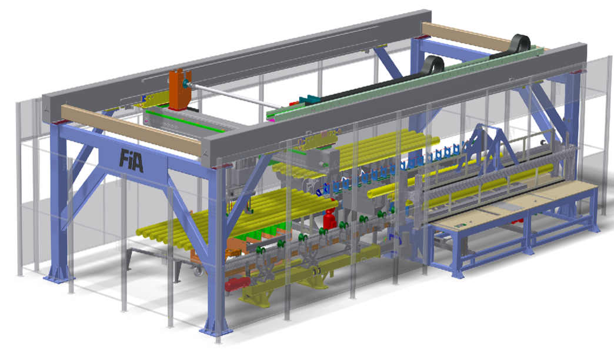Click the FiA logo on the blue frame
pos(131,160)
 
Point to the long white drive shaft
pos(235,95)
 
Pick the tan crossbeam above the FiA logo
pos(132,129)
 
